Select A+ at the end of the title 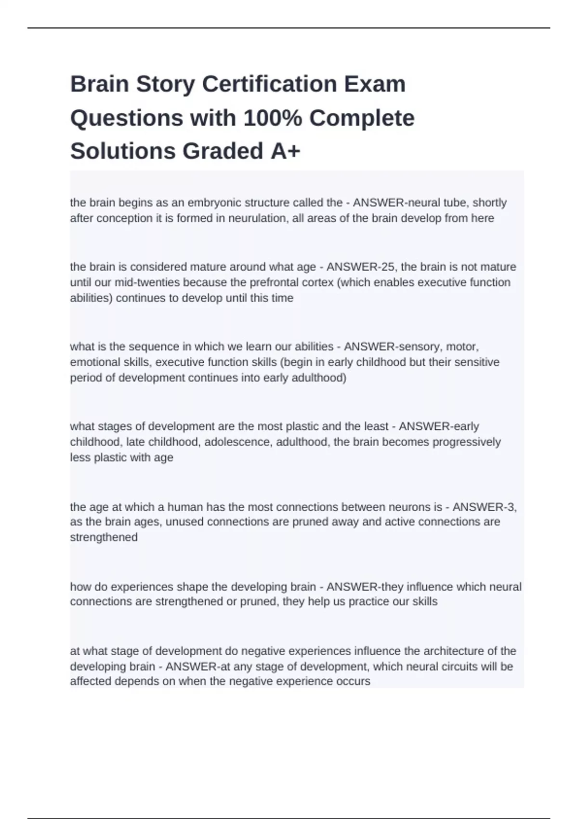coord(285,151)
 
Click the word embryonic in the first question coord(211,202)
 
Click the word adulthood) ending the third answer coord(319,378)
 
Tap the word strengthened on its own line coord(104,537)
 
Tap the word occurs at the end coord(355,682)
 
